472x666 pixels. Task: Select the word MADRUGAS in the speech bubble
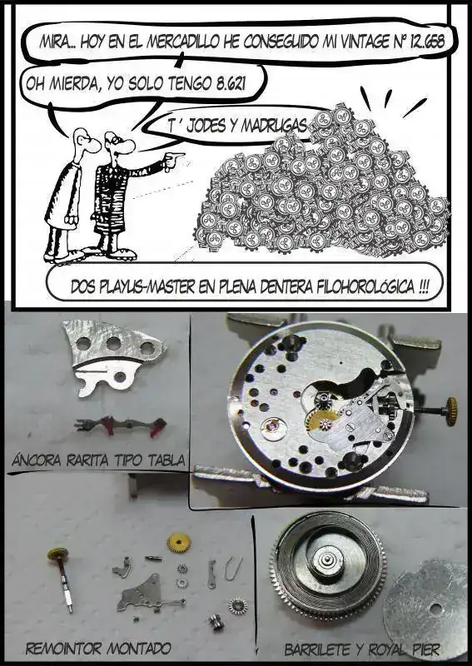(274, 126)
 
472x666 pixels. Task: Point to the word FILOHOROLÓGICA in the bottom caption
(365, 287)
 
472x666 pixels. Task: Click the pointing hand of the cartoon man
(173, 159)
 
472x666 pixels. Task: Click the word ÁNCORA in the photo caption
(37, 460)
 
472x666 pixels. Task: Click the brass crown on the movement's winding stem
(451, 411)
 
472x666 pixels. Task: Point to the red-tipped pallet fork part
(120, 425)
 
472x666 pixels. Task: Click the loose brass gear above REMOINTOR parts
(179, 543)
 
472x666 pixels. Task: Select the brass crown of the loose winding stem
(57, 554)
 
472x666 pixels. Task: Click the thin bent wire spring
(233, 569)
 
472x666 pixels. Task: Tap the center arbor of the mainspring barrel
(326, 560)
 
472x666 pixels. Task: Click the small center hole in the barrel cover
(434, 609)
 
